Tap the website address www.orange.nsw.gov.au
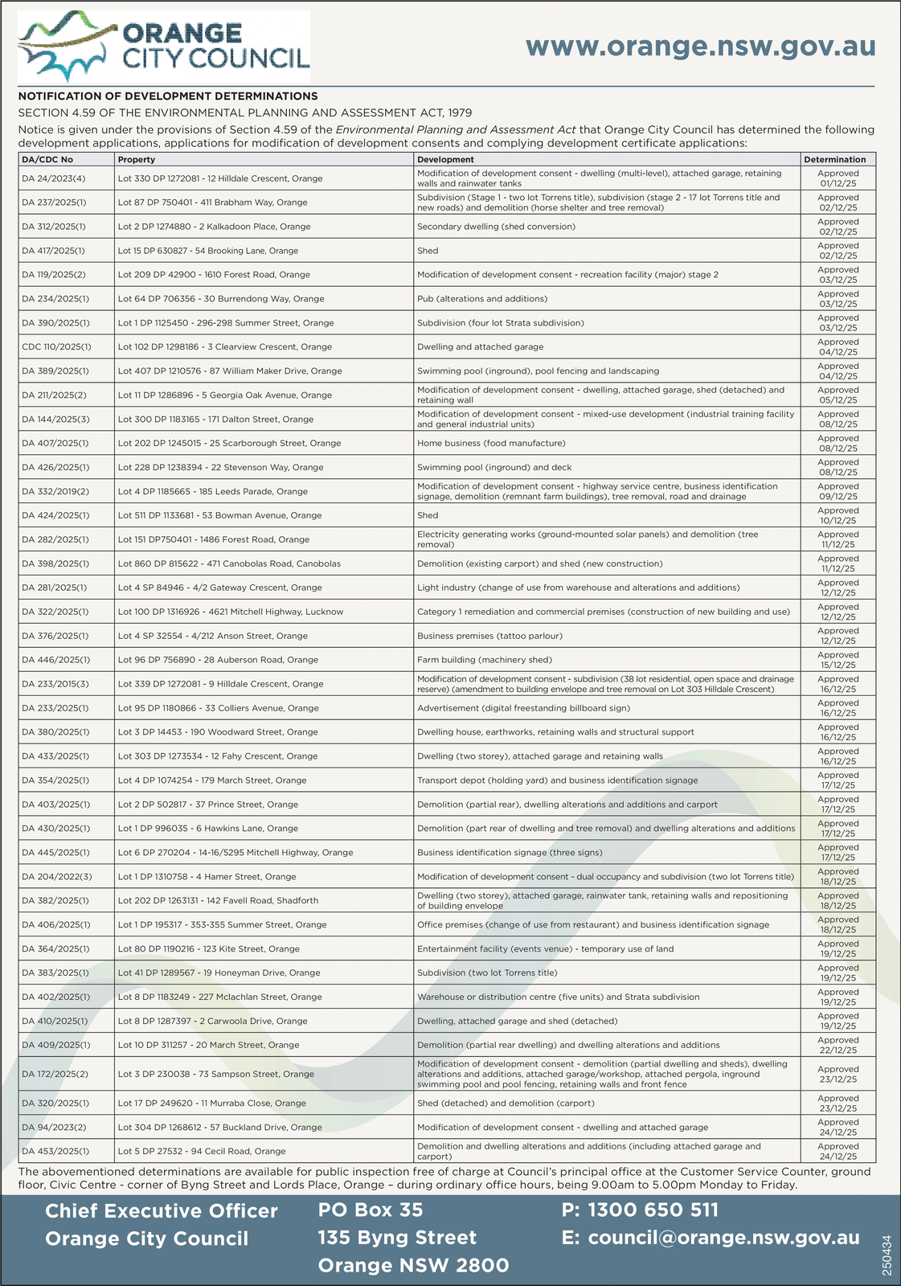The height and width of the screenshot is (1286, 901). [x=700, y=46]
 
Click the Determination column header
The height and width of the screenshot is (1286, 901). [x=834, y=159]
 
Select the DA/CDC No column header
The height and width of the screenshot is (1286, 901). [x=47, y=159]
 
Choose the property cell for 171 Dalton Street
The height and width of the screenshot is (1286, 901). [x=215, y=420]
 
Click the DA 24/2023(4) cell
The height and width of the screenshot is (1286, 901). [x=53, y=178]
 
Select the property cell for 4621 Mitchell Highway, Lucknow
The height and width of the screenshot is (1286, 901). [x=230, y=612]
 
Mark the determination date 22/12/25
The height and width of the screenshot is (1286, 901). [x=838, y=1050]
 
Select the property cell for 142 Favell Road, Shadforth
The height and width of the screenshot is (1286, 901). [x=218, y=901]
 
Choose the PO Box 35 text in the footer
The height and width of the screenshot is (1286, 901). [x=370, y=1210]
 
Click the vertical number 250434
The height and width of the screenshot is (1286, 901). [x=887, y=1255]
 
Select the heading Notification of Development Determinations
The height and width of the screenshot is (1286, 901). [x=168, y=96]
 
